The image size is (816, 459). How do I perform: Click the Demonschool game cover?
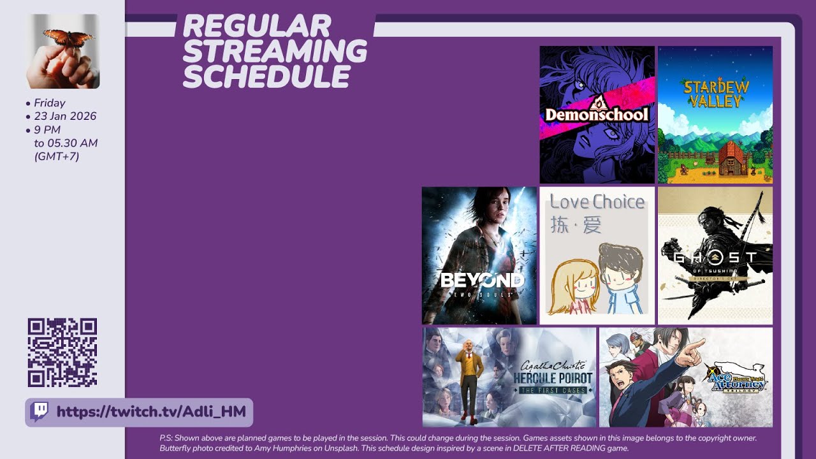point(597,115)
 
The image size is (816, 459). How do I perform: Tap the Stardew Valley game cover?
point(715,115)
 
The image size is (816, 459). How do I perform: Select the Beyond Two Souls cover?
point(479,256)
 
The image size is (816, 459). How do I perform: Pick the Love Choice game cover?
point(597,256)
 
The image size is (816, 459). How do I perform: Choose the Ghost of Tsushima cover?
point(715,256)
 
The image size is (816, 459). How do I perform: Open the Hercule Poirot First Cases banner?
point(509,377)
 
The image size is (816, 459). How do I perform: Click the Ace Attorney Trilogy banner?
point(685,377)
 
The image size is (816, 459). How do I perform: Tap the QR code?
point(62,353)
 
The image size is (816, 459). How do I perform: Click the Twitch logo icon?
point(40,411)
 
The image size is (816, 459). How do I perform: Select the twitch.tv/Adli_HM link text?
point(151,412)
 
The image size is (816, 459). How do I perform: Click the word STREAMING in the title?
point(275,52)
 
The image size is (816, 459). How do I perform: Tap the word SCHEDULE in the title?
point(266,77)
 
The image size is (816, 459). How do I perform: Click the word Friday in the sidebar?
point(50,103)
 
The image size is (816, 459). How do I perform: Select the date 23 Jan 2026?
point(65,116)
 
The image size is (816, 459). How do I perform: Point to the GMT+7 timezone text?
point(57,156)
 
